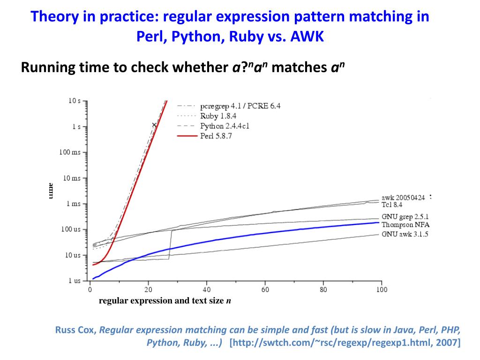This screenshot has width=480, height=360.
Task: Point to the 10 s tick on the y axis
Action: tap(75, 101)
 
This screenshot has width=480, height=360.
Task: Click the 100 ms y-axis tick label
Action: tap(71, 152)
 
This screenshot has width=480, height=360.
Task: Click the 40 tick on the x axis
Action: tap(206, 290)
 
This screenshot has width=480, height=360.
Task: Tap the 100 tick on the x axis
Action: tap(382, 290)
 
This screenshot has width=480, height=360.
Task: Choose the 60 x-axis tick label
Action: tap(265, 290)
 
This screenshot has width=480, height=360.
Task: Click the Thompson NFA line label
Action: tap(405, 225)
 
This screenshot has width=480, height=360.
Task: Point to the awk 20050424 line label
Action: tap(404, 198)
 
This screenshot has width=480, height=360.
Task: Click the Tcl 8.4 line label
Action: tap(392, 204)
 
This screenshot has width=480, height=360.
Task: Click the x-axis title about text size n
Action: tap(165, 301)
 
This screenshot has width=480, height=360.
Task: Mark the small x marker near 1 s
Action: tap(154, 125)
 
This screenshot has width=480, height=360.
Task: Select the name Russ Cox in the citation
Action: tap(75, 330)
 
